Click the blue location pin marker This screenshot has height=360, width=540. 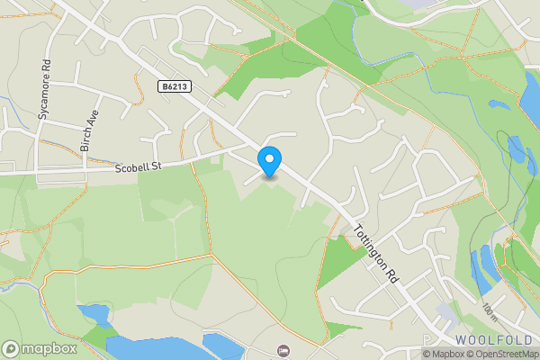[269, 161]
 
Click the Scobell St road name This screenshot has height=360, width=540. [136, 167]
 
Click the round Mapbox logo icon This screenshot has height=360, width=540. [11, 348]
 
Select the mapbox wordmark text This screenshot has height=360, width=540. [50, 348]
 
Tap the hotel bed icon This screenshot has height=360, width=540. [284, 349]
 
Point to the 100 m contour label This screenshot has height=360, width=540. [489, 311]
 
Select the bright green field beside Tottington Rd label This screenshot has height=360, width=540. [337, 261]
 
